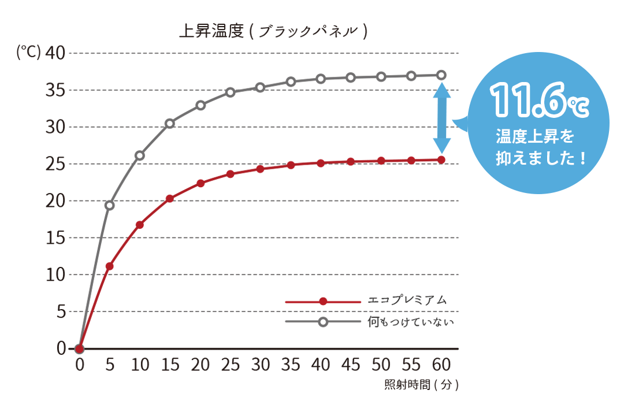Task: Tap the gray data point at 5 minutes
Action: click(110, 205)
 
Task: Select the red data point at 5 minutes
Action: click(110, 266)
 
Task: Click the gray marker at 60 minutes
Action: click(441, 75)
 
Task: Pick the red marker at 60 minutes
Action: click(441, 159)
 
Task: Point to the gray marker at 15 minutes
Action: click(170, 123)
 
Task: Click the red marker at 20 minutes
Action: click(200, 183)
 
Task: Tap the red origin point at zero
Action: click(80, 348)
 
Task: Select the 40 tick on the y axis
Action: click(56, 53)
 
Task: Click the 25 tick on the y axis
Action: click(56, 164)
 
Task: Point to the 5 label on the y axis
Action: click(61, 312)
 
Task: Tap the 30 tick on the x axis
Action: click(261, 365)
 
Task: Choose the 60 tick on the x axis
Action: click(441, 365)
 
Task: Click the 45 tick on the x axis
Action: click(351, 365)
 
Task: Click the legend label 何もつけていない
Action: click(411, 322)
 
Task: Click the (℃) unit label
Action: click(28, 53)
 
